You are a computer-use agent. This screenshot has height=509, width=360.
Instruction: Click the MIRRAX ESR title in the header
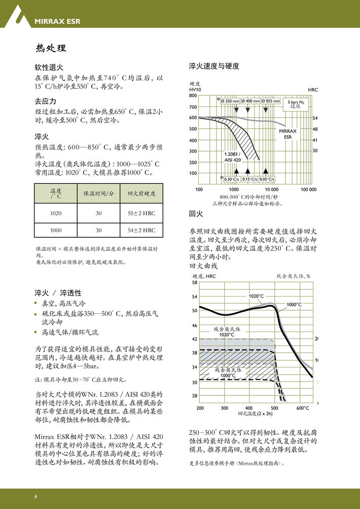(x=57, y=21)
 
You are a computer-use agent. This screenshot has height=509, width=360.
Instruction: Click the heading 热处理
(x=51, y=48)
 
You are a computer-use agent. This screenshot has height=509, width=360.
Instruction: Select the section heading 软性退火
(x=49, y=67)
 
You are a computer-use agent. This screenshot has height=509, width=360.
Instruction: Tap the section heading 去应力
(x=45, y=101)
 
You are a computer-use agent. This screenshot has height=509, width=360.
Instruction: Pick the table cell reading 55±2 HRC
(x=141, y=213)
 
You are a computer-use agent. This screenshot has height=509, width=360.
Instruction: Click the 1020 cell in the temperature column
(x=56, y=213)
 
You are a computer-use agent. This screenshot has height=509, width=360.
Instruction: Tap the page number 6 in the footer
(x=36, y=496)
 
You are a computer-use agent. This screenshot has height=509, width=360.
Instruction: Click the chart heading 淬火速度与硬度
(x=214, y=66)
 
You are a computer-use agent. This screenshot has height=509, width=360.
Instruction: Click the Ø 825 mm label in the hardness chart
(x=270, y=101)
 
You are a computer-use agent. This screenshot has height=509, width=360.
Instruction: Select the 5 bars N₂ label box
(x=296, y=104)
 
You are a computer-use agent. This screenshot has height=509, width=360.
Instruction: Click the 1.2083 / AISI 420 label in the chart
(x=233, y=157)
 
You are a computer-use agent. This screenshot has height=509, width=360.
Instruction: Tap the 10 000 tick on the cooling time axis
(x=271, y=189)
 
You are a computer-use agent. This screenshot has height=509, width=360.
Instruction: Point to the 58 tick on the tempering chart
(x=195, y=282)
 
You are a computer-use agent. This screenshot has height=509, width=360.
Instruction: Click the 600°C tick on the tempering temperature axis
(x=302, y=408)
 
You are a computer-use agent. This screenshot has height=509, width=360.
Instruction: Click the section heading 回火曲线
(x=203, y=266)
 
